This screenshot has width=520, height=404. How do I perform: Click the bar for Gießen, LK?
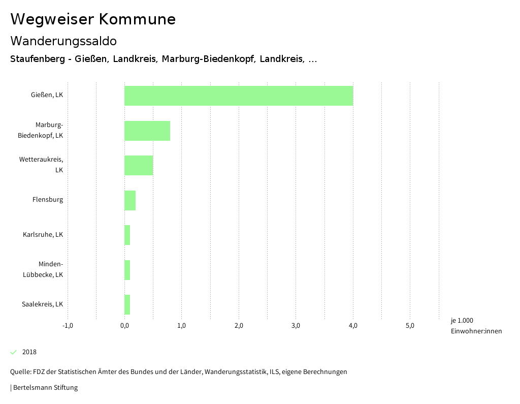click(x=239, y=96)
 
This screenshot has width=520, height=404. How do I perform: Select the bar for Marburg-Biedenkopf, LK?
click(x=147, y=131)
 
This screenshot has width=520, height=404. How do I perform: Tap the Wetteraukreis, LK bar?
click(x=139, y=165)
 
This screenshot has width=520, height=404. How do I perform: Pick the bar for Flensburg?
click(x=130, y=200)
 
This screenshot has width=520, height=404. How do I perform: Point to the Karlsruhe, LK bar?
click(x=127, y=235)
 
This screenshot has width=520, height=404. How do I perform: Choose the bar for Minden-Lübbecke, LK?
click(x=127, y=270)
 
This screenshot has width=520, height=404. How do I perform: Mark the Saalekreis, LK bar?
click(x=127, y=304)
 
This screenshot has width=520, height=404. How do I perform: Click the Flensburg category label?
click(x=48, y=200)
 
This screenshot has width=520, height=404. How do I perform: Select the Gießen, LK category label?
click(x=47, y=95)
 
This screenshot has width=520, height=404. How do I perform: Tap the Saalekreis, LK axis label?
click(x=43, y=304)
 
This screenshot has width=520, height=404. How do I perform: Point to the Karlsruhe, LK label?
click(x=43, y=235)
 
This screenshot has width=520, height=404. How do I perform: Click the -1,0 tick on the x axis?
click(x=68, y=326)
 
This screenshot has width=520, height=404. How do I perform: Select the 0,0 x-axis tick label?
click(x=124, y=326)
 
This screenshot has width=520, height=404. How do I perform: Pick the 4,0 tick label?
click(x=353, y=326)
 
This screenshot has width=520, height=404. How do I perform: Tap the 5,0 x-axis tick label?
click(x=410, y=326)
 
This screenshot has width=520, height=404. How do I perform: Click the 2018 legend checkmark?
click(x=14, y=352)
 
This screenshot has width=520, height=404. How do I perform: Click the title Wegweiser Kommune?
click(x=93, y=19)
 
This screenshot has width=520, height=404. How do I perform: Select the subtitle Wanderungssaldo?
click(x=63, y=41)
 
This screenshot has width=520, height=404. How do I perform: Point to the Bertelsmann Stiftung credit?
click(x=45, y=388)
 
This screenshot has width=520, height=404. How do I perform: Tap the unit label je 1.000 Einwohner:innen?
click(x=476, y=326)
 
